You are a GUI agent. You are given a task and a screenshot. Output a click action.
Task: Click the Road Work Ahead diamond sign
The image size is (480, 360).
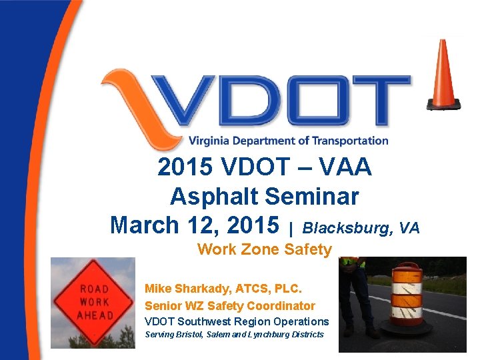[94, 301]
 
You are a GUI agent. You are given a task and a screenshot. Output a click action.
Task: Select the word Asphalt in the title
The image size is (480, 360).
[214, 197]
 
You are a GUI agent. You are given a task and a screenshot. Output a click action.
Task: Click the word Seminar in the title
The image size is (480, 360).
[312, 197]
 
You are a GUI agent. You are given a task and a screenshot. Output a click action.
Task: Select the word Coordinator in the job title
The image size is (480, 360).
[281, 306]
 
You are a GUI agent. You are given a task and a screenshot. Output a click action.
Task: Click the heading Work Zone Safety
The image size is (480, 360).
[264, 249]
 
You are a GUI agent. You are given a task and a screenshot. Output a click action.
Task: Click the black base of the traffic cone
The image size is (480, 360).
[443, 104]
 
